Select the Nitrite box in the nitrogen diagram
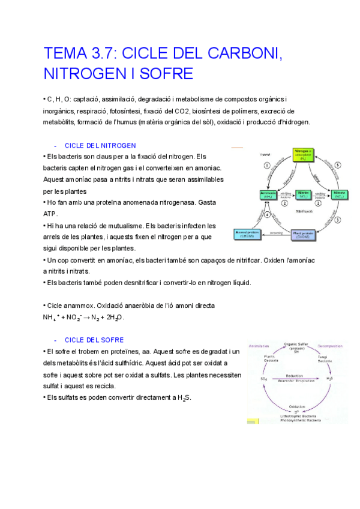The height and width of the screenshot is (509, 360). tap(303, 194)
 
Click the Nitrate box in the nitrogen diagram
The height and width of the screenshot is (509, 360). tap(339, 194)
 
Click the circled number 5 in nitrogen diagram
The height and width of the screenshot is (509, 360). tap(337, 164)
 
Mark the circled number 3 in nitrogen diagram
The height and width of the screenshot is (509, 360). tap(337, 220)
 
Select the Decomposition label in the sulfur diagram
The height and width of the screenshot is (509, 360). tap(329, 346)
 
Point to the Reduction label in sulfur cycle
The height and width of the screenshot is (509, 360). tap(293, 373)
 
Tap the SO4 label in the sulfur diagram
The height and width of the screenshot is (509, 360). tap(264, 379)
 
